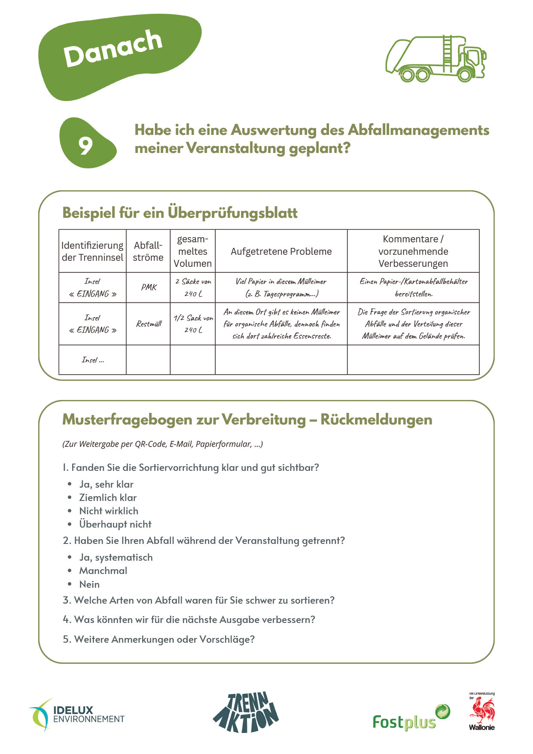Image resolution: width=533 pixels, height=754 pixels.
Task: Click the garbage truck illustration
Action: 436,59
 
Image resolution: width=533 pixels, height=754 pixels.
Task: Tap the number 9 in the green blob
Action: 86,146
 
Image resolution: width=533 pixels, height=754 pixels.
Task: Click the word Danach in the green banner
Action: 113,48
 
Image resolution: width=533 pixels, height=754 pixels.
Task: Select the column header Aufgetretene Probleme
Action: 281,251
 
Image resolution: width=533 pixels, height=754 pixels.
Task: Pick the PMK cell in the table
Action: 149,287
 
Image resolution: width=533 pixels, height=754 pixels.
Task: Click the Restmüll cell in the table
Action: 149,324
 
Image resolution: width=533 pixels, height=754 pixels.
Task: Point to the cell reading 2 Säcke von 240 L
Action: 193,287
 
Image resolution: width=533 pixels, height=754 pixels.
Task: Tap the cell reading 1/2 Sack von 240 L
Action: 193,324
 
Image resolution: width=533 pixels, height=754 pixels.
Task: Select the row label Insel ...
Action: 92,360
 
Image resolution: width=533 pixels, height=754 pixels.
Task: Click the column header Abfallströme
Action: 148,251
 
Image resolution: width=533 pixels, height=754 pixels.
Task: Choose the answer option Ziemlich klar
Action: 108,498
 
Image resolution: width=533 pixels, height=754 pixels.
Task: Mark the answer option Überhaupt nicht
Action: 115,524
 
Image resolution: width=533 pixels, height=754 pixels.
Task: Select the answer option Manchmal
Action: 103,571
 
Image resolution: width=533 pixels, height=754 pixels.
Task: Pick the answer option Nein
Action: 89,584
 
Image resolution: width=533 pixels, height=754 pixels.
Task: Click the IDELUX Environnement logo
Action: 77,715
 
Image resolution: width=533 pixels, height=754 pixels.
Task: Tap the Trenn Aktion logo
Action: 246,712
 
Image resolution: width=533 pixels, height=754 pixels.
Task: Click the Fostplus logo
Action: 410,718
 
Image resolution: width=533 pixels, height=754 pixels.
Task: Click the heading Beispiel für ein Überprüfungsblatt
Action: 180,213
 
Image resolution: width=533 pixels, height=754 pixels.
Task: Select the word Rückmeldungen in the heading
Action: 376,419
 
